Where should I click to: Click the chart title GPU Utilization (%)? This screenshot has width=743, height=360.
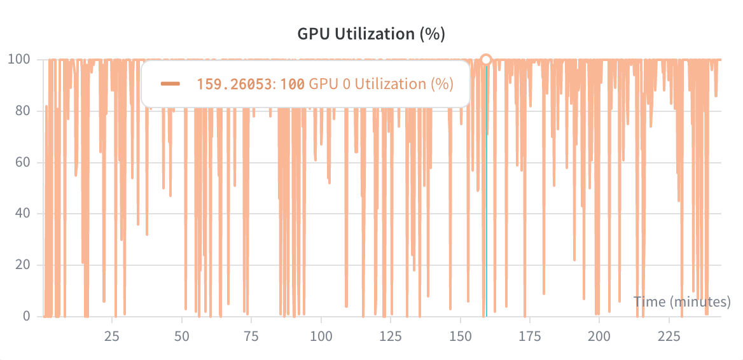point(371,34)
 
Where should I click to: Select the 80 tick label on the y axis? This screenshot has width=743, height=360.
point(22,111)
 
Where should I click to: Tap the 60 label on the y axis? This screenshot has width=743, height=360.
point(22,162)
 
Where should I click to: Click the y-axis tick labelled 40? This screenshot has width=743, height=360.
point(22,214)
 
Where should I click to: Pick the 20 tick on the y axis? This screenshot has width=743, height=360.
point(22,265)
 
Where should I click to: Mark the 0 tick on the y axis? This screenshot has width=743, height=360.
point(25,316)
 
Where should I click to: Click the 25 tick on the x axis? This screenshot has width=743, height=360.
point(112,336)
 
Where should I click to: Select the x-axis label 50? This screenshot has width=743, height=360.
point(182,336)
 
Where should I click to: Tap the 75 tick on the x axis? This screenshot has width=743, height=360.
point(251,336)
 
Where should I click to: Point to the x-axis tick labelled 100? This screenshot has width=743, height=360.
point(321,336)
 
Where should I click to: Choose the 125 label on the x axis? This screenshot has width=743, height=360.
point(391,336)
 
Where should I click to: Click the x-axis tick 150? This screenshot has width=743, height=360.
point(460,336)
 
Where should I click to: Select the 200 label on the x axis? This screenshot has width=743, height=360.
point(599,336)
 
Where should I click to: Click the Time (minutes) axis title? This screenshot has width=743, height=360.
point(682,301)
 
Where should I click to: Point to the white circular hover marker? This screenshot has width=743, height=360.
point(486,60)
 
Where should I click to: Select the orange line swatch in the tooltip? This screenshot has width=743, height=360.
point(170,83)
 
